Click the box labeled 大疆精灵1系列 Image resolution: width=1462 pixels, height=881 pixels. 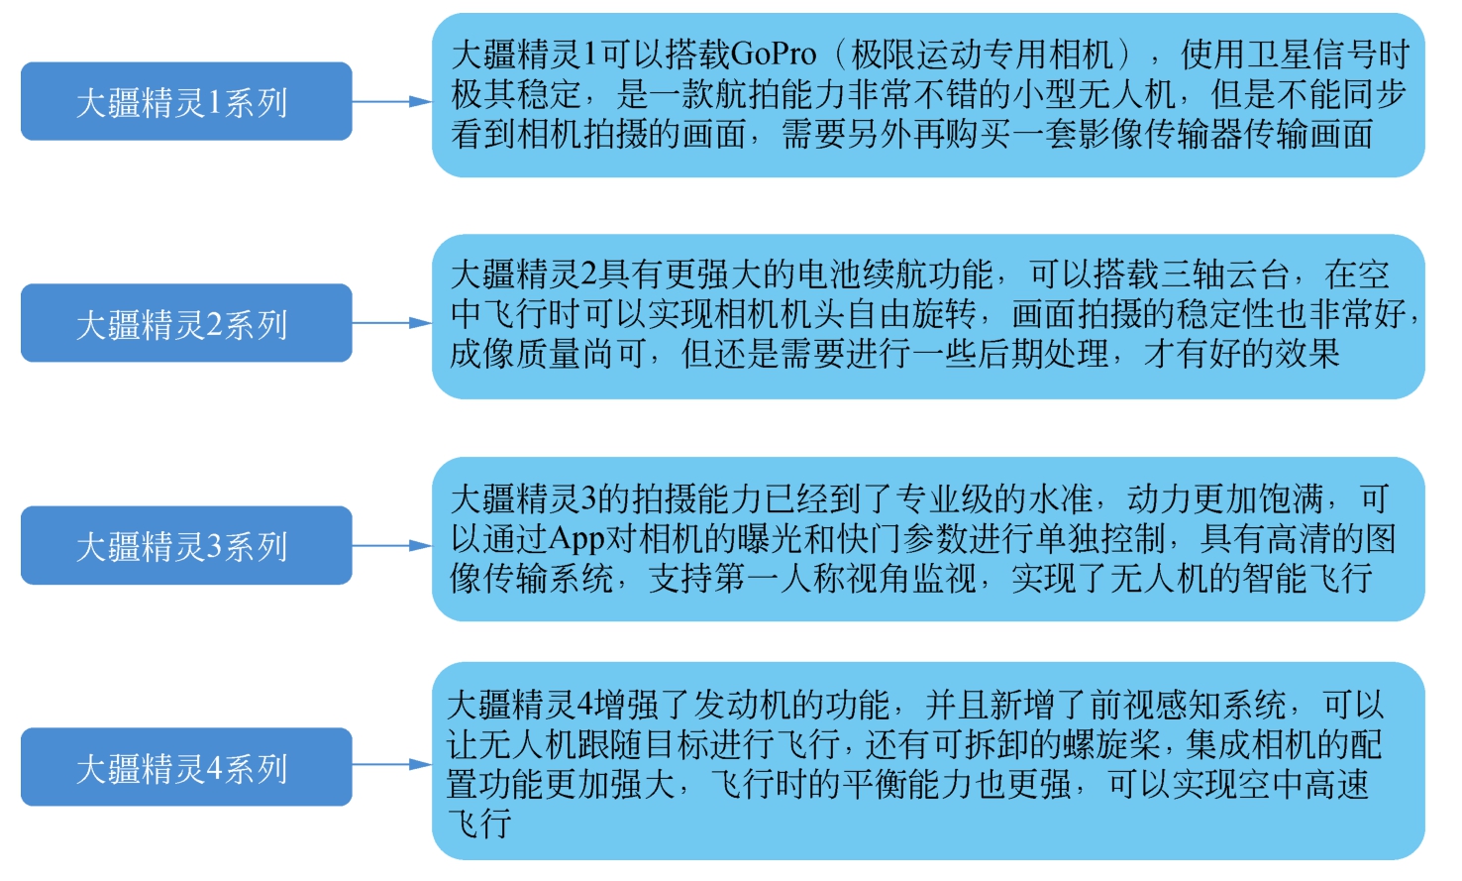(x=186, y=101)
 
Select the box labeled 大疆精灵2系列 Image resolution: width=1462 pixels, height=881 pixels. (x=186, y=323)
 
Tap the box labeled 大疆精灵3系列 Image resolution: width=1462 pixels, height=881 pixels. (x=186, y=545)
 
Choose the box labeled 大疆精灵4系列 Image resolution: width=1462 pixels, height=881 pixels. (x=186, y=767)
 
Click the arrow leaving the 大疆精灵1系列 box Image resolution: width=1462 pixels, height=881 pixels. (x=391, y=101)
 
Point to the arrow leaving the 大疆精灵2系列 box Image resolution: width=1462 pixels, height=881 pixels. (x=391, y=323)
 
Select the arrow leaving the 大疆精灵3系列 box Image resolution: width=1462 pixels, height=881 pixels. (x=391, y=545)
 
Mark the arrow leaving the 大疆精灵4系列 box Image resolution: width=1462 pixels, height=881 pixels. (x=391, y=765)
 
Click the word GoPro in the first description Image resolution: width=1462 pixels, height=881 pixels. (x=774, y=55)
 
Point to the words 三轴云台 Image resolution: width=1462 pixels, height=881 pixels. (x=1225, y=275)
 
